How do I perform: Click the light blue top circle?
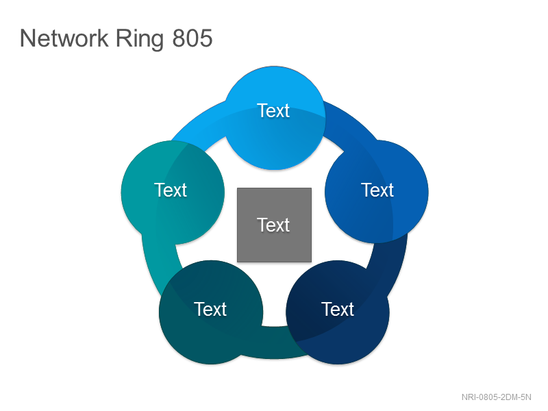275,118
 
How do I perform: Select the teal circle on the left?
173,192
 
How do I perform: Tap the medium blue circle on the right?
377,192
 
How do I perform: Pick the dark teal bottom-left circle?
211,312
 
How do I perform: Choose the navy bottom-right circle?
338,312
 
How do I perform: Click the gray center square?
275,225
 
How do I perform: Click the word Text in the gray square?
273,225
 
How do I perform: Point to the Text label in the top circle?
273,111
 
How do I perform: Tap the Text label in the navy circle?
338,310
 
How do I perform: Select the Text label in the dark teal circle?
210,310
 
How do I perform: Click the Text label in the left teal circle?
171,190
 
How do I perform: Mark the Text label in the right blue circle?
377,190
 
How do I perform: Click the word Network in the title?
64,38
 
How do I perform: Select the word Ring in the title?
140,39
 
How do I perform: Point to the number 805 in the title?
192,38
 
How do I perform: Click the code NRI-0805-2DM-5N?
496,397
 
